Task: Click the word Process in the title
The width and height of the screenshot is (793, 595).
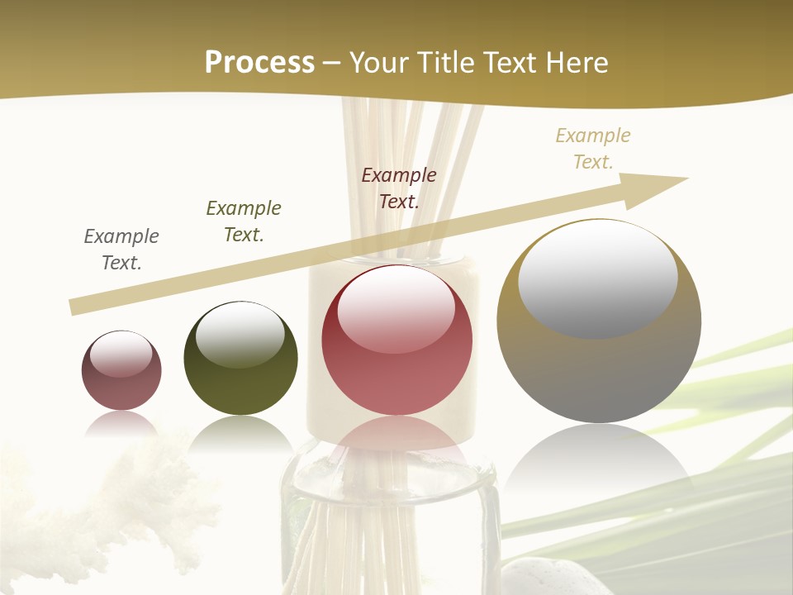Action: coord(259,63)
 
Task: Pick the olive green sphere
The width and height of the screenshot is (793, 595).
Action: coord(240,380)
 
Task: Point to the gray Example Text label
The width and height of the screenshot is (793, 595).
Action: coord(121,250)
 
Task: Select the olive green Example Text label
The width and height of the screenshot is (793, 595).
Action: coord(244,221)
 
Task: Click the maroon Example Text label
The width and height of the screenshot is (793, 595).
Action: coord(399,188)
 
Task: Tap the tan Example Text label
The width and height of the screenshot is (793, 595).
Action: coord(593,149)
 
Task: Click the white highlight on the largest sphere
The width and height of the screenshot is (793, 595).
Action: coord(598,279)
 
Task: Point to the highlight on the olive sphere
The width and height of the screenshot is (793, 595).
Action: coord(240,334)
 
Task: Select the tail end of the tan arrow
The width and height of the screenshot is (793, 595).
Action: coord(74,307)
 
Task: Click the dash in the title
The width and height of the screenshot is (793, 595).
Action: coord(332,63)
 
